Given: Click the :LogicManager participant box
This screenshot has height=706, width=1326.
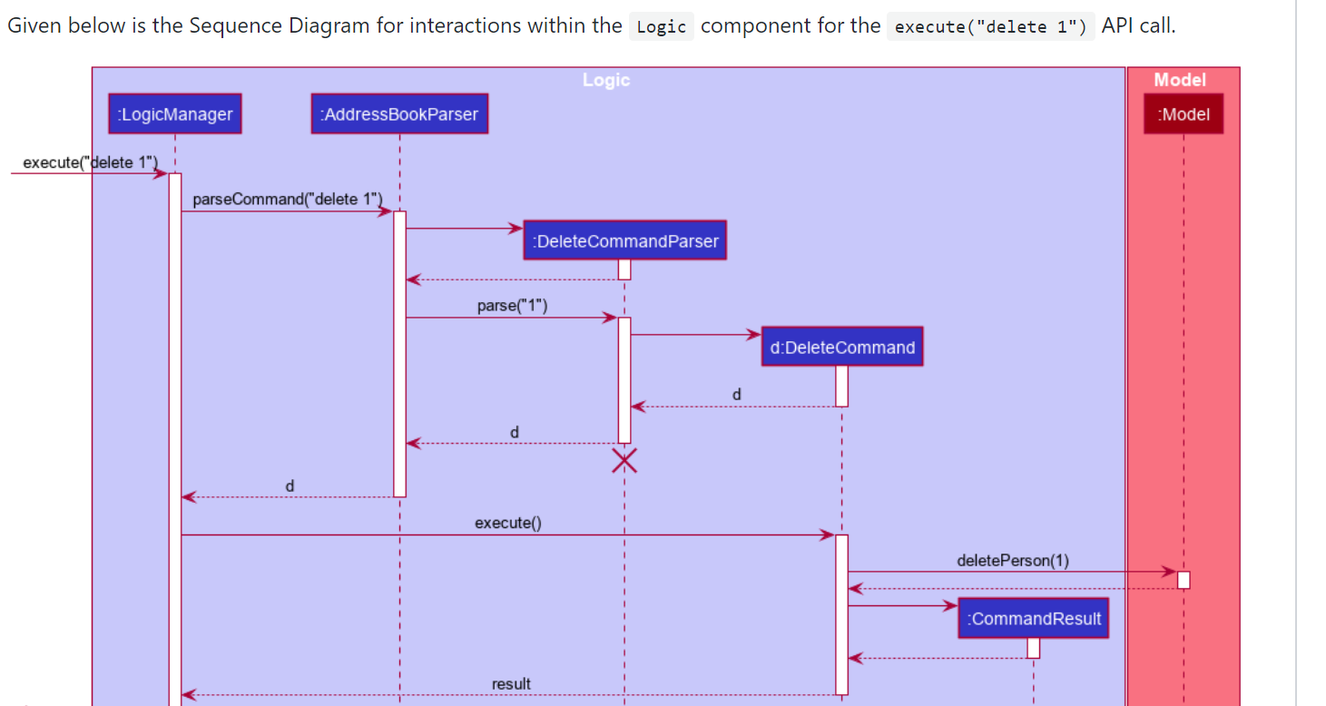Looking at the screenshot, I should [x=174, y=114].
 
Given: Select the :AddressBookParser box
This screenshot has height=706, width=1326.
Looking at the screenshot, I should [x=399, y=114].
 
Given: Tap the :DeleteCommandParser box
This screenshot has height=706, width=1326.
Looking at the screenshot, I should [x=625, y=241].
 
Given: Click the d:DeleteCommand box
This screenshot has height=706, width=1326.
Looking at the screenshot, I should [x=842, y=348].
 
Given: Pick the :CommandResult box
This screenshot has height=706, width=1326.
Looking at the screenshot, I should [x=1034, y=619].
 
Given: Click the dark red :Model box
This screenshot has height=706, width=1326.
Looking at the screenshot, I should [x=1184, y=114].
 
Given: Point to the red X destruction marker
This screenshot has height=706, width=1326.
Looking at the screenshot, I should [x=624, y=461].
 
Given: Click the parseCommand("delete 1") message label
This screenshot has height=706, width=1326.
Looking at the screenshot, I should [x=288, y=199].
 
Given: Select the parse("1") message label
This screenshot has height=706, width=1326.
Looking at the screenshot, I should [x=512, y=306].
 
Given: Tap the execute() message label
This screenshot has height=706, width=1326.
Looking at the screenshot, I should [x=508, y=523].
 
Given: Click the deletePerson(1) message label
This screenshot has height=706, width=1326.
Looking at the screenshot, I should [x=1013, y=560].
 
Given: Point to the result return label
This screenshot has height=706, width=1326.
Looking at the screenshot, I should [x=511, y=683].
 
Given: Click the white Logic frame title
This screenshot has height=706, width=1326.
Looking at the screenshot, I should [x=606, y=80].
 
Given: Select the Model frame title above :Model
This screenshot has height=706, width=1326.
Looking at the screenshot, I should [x=1180, y=80].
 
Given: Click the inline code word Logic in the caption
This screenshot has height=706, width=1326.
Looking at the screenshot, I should [x=661, y=26].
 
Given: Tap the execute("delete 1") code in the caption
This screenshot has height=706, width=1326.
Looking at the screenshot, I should [x=991, y=26].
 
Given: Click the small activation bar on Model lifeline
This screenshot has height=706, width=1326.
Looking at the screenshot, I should [x=1184, y=580].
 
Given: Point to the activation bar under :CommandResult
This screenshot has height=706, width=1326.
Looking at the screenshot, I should [x=1034, y=648].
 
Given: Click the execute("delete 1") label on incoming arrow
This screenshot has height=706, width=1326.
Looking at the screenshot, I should [x=90, y=163].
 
